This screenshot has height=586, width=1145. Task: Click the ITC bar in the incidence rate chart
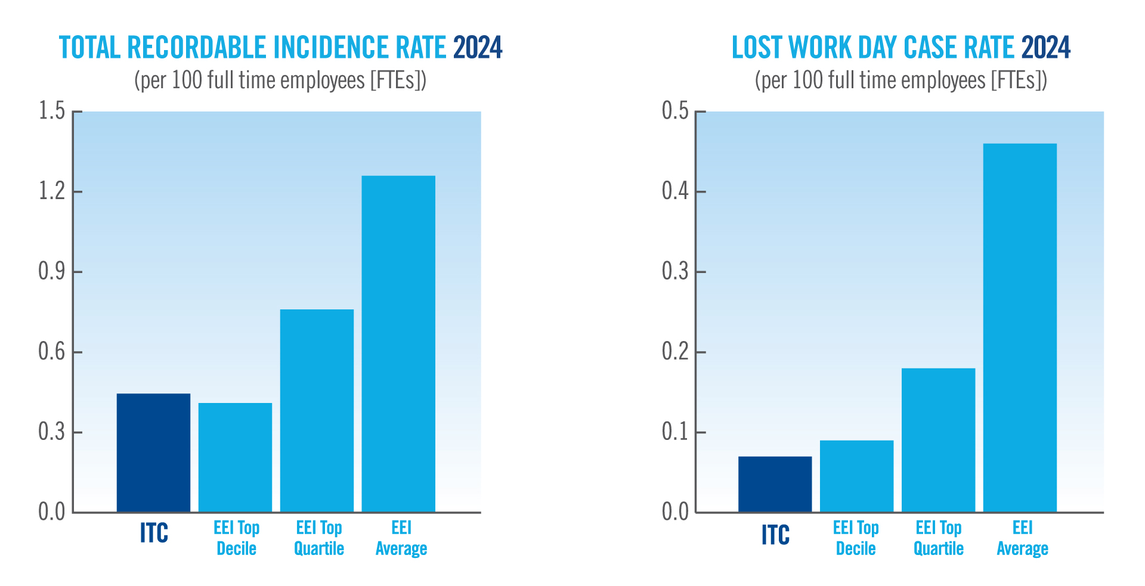pyautogui.click(x=153, y=452)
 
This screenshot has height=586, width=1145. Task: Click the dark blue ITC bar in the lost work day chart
pyautogui.click(x=775, y=484)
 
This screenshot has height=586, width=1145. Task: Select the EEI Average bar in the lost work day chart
pyautogui.click(x=1020, y=327)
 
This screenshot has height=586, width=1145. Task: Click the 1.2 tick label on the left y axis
pyautogui.click(x=51, y=191)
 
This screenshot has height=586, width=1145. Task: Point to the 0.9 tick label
pyautogui.click(x=51, y=272)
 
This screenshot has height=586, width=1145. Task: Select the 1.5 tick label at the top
pyautogui.click(x=51, y=111)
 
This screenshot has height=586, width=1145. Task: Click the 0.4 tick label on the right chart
pyautogui.click(x=675, y=191)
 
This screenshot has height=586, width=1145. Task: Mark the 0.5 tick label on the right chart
pyautogui.click(x=675, y=111)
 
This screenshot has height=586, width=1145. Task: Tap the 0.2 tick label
pyautogui.click(x=675, y=352)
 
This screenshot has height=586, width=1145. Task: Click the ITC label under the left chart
pyautogui.click(x=154, y=533)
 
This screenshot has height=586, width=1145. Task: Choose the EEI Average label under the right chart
pyautogui.click(x=1022, y=538)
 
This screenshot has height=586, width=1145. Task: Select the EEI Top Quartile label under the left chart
pyautogui.click(x=319, y=538)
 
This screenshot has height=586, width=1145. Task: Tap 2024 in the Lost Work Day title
pyautogui.click(x=1045, y=48)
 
